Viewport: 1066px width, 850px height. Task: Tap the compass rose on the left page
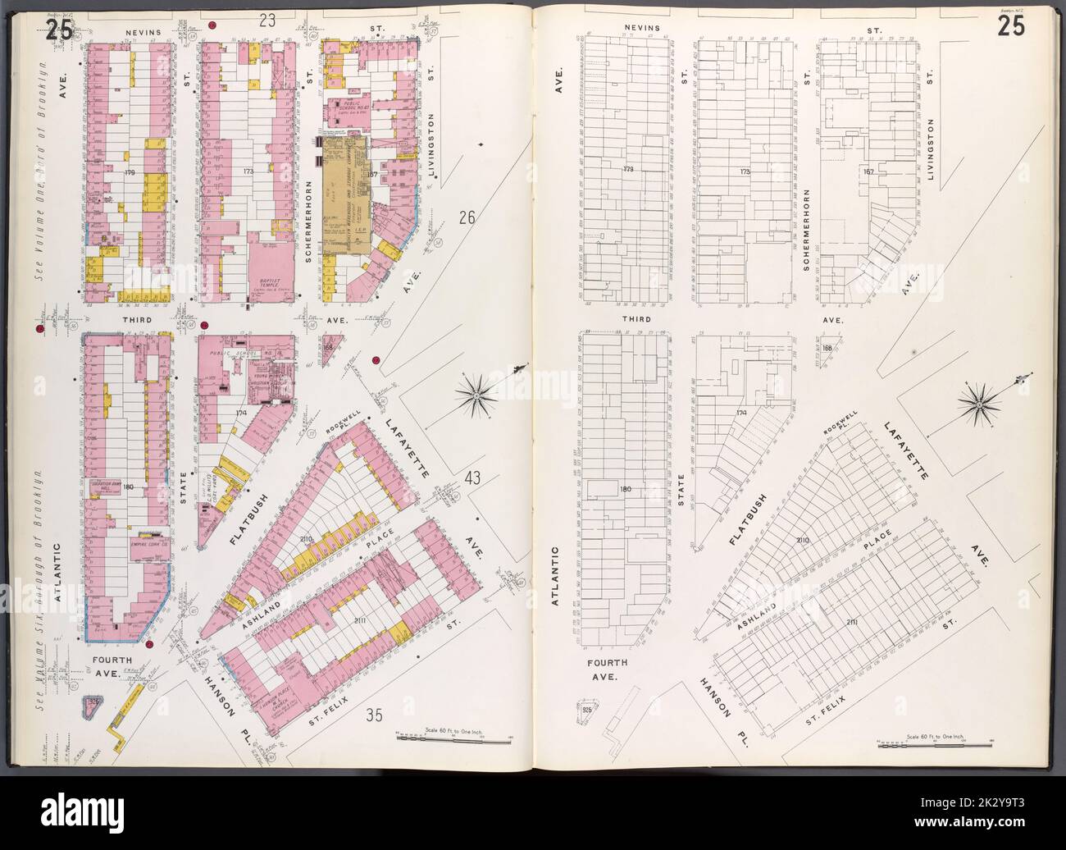click(x=479, y=397)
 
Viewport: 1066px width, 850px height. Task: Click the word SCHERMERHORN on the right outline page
click(x=808, y=230)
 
